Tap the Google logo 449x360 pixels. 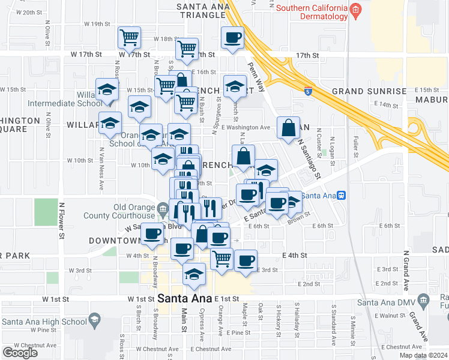coord(20,352)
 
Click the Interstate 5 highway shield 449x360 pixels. coord(308,92)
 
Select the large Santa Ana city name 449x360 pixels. coord(185,298)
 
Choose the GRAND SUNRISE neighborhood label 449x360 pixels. coord(369,91)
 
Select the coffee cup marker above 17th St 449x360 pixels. coord(232,38)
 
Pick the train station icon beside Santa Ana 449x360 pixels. coord(342,195)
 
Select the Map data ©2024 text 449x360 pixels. coord(423,355)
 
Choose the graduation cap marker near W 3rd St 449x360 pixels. coord(194,274)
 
